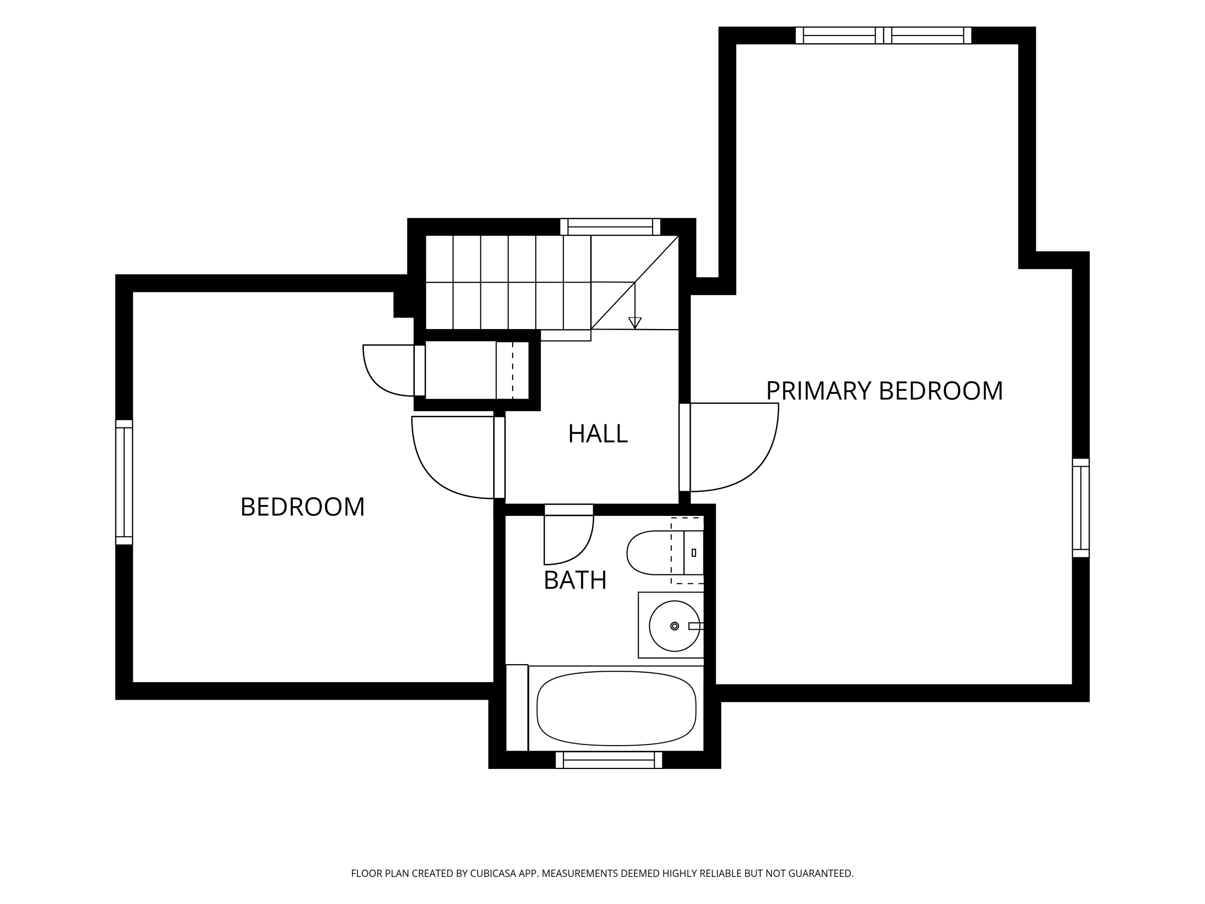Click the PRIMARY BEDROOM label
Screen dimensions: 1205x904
tap(884, 391)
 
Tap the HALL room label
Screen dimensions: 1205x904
tap(598, 434)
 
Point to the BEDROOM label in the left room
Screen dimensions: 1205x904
tap(302, 507)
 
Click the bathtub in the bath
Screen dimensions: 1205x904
tap(616, 708)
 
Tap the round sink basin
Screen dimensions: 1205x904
tap(674, 626)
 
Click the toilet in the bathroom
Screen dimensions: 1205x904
tap(665, 552)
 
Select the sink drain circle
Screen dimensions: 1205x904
tap(674, 626)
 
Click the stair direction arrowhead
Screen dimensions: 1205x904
tap(635, 323)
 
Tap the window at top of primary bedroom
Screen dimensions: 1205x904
tap(883, 35)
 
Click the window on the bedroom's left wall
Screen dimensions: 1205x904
tap(124, 482)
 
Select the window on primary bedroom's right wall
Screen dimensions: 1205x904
tap(1081, 508)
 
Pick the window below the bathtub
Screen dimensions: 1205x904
tap(609, 760)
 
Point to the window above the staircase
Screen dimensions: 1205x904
tap(610, 227)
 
